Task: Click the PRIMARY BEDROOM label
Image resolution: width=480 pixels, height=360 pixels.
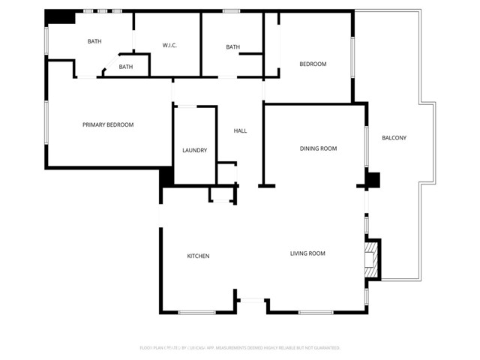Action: coord(108,124)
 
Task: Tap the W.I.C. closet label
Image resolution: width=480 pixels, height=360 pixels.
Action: coord(169,46)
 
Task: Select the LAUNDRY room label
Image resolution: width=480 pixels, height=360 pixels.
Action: coord(194,151)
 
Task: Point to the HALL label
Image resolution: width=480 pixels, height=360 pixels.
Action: coord(240,131)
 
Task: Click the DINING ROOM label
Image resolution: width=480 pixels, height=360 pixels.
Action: coord(318,148)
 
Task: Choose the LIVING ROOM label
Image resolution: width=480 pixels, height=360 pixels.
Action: coord(307,253)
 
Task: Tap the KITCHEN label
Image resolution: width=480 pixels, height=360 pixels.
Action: coord(198,256)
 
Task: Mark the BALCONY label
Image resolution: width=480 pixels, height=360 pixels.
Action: coord(394,138)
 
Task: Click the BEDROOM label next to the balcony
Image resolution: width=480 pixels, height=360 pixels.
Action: coord(313,64)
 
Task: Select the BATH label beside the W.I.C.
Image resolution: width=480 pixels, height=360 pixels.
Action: coord(94,42)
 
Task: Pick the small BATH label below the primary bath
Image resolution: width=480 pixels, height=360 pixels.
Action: coord(125,67)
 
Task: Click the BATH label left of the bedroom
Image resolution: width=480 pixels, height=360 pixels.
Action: coord(232,47)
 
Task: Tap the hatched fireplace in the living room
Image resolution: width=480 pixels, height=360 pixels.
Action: coord(369,257)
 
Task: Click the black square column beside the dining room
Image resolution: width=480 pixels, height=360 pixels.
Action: coord(373,180)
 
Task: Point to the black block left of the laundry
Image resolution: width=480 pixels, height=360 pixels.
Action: coord(166,177)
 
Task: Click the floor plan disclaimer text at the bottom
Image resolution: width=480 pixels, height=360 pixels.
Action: coord(240,348)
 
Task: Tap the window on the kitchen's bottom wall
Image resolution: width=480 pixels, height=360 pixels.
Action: coord(197,312)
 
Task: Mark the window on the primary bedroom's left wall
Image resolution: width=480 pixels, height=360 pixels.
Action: coord(47,123)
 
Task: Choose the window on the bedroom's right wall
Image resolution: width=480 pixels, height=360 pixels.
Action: coord(352,56)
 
